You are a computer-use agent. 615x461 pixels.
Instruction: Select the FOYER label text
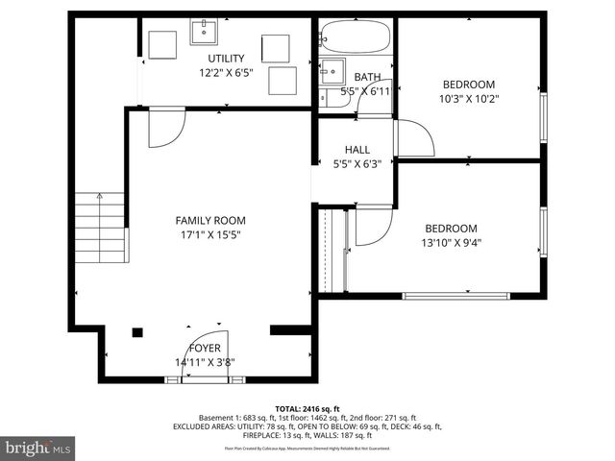coord(205,348)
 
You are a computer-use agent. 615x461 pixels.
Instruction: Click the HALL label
coord(357,150)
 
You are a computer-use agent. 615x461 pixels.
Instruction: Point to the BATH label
coord(367,77)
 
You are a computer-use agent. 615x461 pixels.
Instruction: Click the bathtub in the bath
coord(356,39)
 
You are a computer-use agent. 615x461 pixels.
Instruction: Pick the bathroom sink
coord(332,68)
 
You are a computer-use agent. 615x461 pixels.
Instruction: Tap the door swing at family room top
coord(165,128)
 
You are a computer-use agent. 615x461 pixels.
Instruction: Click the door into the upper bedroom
coord(413,138)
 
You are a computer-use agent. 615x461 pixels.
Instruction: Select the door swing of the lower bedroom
coord(373,226)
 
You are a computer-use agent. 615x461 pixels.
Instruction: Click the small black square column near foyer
coord(137,332)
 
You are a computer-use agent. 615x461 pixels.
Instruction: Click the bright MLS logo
coord(38,448)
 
